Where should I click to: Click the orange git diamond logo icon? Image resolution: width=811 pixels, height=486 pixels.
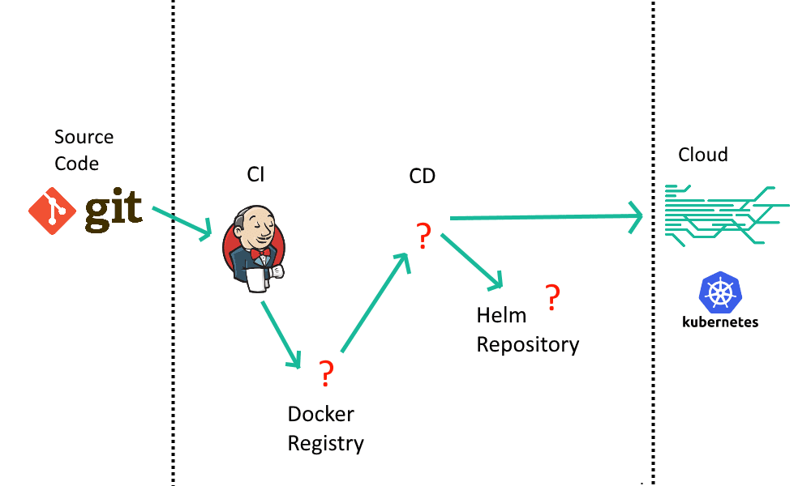click(53, 211)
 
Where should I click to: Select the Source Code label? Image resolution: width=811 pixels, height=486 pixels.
click(84, 150)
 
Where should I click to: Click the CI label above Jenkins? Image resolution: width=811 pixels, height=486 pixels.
click(255, 174)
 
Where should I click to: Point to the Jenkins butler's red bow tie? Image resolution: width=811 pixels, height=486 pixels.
click(260, 254)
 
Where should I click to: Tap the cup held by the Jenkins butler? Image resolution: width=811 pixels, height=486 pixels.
click(257, 279)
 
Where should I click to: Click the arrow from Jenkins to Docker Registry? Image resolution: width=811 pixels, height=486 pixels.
click(281, 334)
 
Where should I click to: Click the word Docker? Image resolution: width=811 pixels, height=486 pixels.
click(320, 414)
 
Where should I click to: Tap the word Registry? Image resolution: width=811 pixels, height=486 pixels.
click(325, 444)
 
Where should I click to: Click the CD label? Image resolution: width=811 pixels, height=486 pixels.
click(422, 176)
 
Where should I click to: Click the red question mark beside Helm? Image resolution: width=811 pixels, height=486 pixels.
click(552, 298)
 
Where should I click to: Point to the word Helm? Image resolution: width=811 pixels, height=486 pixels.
click(501, 315)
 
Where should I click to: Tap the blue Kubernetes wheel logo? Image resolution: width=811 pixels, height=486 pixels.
click(719, 293)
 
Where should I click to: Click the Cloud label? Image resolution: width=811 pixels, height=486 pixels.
click(703, 155)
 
